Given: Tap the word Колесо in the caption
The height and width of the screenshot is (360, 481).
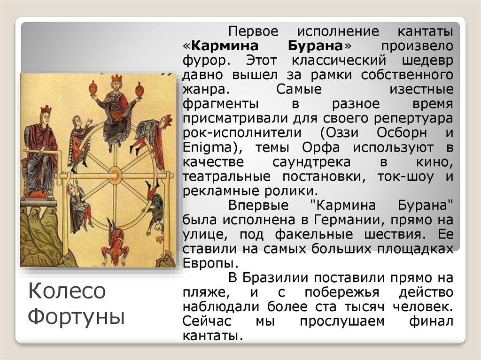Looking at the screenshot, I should [x=68, y=291].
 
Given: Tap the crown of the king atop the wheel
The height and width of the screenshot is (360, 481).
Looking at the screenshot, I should [x=113, y=78].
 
